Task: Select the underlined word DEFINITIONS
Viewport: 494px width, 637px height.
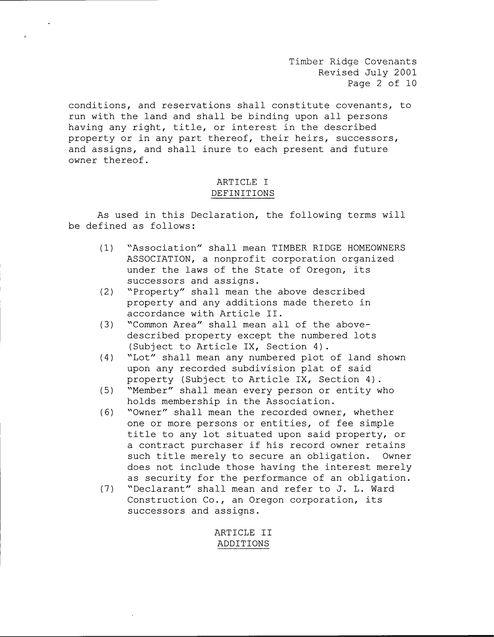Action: click(x=243, y=193)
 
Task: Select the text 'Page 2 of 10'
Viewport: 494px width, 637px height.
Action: click(x=382, y=83)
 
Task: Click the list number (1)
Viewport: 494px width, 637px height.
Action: click(x=106, y=248)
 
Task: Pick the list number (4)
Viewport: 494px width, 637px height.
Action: click(x=106, y=358)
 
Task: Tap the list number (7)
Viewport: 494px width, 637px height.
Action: click(x=106, y=489)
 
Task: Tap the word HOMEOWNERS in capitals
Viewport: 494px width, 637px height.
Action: click(x=376, y=248)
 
